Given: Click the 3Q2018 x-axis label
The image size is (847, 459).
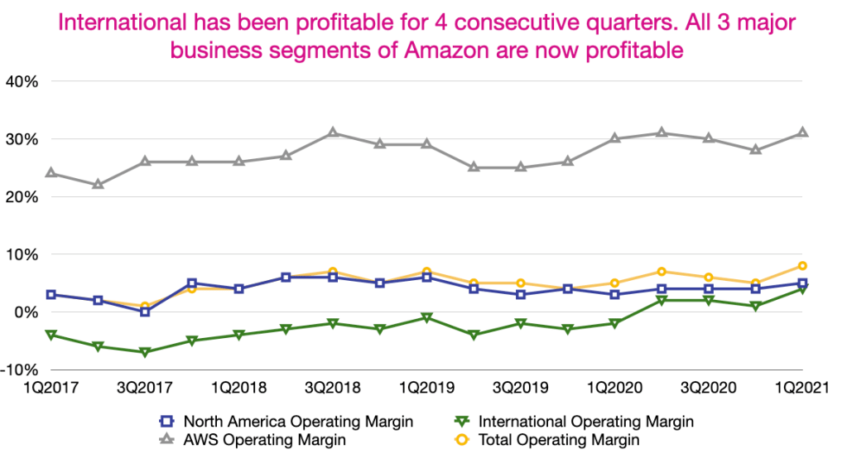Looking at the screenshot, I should [332, 389].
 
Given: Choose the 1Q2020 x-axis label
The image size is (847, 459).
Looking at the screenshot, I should [613, 389].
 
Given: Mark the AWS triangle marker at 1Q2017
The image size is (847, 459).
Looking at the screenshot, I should [51, 173].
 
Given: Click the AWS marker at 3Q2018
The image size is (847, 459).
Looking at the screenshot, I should [333, 133].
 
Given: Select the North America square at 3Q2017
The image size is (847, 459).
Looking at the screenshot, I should [145, 312].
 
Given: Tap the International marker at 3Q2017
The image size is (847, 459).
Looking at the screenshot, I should [145, 352].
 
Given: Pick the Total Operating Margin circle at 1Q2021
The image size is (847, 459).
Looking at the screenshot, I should [802, 266].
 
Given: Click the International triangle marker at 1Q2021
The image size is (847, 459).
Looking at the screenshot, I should [802, 289].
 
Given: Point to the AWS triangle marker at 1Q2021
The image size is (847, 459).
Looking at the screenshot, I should [802, 133].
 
